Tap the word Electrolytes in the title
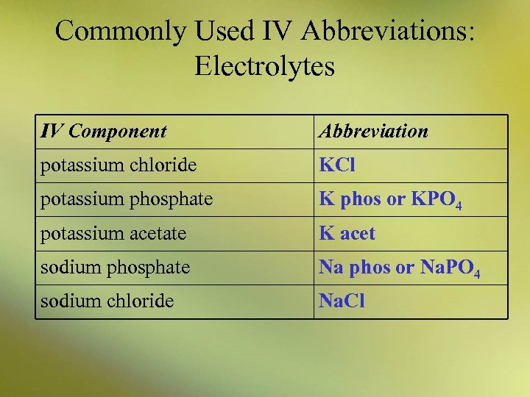pos(265,67)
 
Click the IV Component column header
pos(104,132)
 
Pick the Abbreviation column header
pos(373,132)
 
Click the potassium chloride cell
pos(119,165)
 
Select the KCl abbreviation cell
pos(337,165)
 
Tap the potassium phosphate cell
pos(127,199)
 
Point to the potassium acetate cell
pos(113,234)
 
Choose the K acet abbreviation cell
pos(347,234)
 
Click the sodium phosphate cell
pos(115,268)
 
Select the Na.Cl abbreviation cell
pos(342,301)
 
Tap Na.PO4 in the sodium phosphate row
pos(448,268)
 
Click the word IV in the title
pos(276,31)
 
